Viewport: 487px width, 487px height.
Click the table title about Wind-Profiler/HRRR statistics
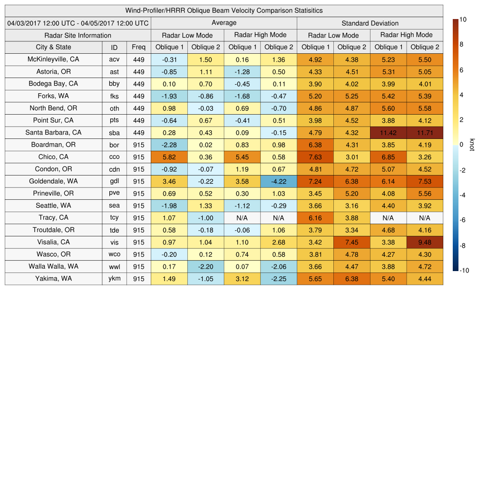[224, 10]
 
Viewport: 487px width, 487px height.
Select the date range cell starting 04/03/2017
[78, 23]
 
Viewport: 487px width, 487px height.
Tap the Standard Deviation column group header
[370, 23]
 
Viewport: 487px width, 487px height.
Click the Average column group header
[224, 23]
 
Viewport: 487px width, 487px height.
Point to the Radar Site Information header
[78, 35]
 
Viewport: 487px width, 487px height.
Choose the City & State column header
[53, 47]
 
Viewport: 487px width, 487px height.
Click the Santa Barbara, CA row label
[53, 133]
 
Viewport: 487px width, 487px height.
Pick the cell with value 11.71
[425, 133]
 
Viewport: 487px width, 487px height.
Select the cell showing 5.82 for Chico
[169, 157]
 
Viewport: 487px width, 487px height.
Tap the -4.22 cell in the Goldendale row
[278, 181]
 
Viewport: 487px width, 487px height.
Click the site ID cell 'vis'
[114, 242]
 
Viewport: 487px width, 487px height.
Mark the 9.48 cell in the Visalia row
[425, 242]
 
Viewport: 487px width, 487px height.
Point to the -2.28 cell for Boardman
[169, 145]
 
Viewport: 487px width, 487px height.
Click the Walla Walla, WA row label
[53, 266]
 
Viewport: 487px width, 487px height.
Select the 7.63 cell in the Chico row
[315, 157]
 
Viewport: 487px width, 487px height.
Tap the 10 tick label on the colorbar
[463, 19]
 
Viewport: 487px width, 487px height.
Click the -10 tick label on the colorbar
[464, 271]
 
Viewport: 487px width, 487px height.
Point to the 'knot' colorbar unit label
[472, 145]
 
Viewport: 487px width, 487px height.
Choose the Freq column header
[138, 47]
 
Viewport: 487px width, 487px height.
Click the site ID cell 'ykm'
[114, 279]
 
